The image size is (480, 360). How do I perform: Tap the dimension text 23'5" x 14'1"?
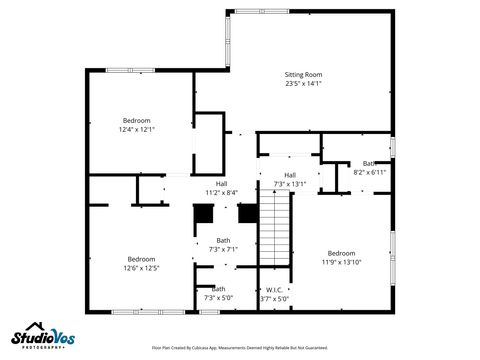pos(304,84)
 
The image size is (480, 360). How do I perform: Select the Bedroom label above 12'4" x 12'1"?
pos(138,119)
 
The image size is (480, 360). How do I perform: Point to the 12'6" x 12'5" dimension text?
pos(141,268)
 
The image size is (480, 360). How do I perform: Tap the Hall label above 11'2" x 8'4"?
pos(221,183)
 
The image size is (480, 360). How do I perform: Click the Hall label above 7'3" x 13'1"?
pos(290,175)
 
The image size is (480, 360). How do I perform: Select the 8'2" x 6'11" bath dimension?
pos(369,172)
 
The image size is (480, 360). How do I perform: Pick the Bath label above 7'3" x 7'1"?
pos(223,240)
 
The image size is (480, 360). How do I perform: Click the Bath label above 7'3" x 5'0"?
pos(218,289)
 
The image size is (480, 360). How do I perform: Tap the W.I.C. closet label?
pos(274,289)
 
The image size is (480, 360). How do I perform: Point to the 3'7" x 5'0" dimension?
pos(274,298)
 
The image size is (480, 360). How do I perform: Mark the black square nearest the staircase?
pos(247,213)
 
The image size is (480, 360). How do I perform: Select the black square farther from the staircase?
pos(203,213)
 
